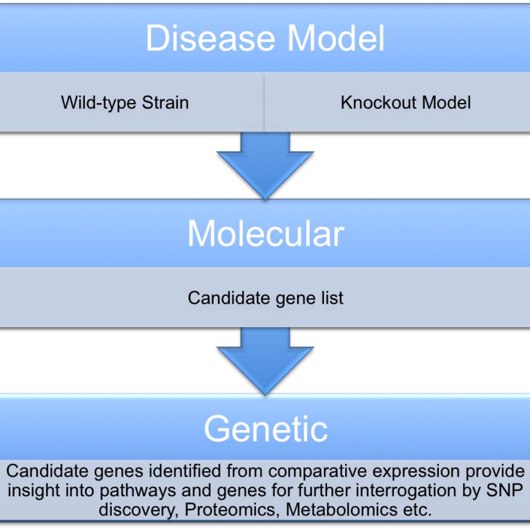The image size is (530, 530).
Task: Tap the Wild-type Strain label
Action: (125, 102)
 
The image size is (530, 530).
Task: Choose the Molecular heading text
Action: (265, 233)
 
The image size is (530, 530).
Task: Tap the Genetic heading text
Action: (266, 429)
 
